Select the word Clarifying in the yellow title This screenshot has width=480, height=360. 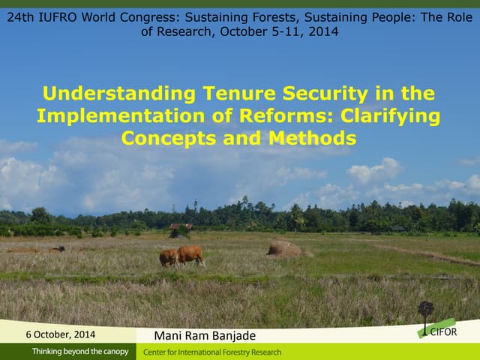click(x=390, y=116)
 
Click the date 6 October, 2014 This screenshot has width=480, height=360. click(x=61, y=334)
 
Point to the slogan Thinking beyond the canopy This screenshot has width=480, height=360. click(x=79, y=352)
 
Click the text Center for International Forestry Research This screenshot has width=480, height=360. click(x=212, y=352)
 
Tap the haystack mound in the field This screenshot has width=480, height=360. click(x=285, y=248)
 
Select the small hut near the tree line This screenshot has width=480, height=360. click(x=180, y=226)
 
